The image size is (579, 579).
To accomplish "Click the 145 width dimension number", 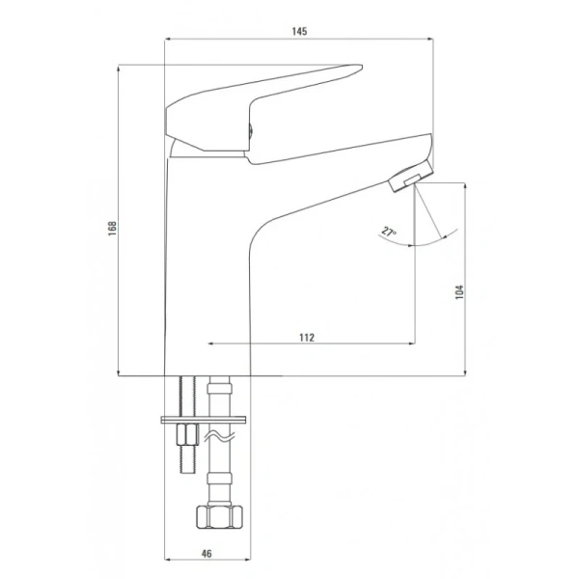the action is coord(299,32).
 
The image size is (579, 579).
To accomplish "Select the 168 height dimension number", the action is coord(112,229).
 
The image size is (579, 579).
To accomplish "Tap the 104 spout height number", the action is coord(459,291).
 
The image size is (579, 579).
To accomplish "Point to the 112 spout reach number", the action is coord(307,338).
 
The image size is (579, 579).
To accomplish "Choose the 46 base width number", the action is coord(207,554).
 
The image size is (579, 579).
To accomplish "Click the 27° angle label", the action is coord(389,232).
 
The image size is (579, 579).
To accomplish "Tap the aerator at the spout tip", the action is coord(411,177).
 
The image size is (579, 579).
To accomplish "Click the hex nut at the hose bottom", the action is coord(219,516).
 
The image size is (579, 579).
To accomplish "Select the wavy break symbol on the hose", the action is coord(220,436).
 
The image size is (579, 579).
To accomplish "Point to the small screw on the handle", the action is coord(250,130).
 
